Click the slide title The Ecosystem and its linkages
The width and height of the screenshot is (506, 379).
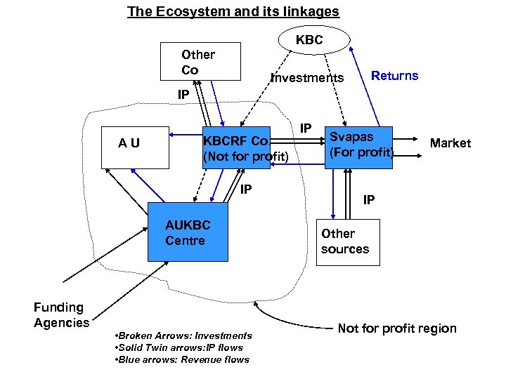click(233, 12)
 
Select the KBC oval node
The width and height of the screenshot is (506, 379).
click(309, 40)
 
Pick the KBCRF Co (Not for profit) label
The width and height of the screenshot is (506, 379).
click(245, 148)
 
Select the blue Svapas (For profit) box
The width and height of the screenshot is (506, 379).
click(358, 146)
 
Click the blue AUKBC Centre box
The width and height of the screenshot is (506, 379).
click(188, 232)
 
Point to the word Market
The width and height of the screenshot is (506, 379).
click(450, 143)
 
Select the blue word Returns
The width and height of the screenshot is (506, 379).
click(394, 76)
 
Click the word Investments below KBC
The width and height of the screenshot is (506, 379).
click(308, 78)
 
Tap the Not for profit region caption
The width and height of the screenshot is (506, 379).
click(397, 328)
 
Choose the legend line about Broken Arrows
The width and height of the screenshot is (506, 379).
click(182, 335)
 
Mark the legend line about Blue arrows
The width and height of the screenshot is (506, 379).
click(181, 359)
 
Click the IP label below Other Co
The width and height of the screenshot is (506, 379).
click(183, 95)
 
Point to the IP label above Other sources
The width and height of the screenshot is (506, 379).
click(369, 200)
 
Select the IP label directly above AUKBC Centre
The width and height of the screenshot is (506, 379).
click(246, 189)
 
